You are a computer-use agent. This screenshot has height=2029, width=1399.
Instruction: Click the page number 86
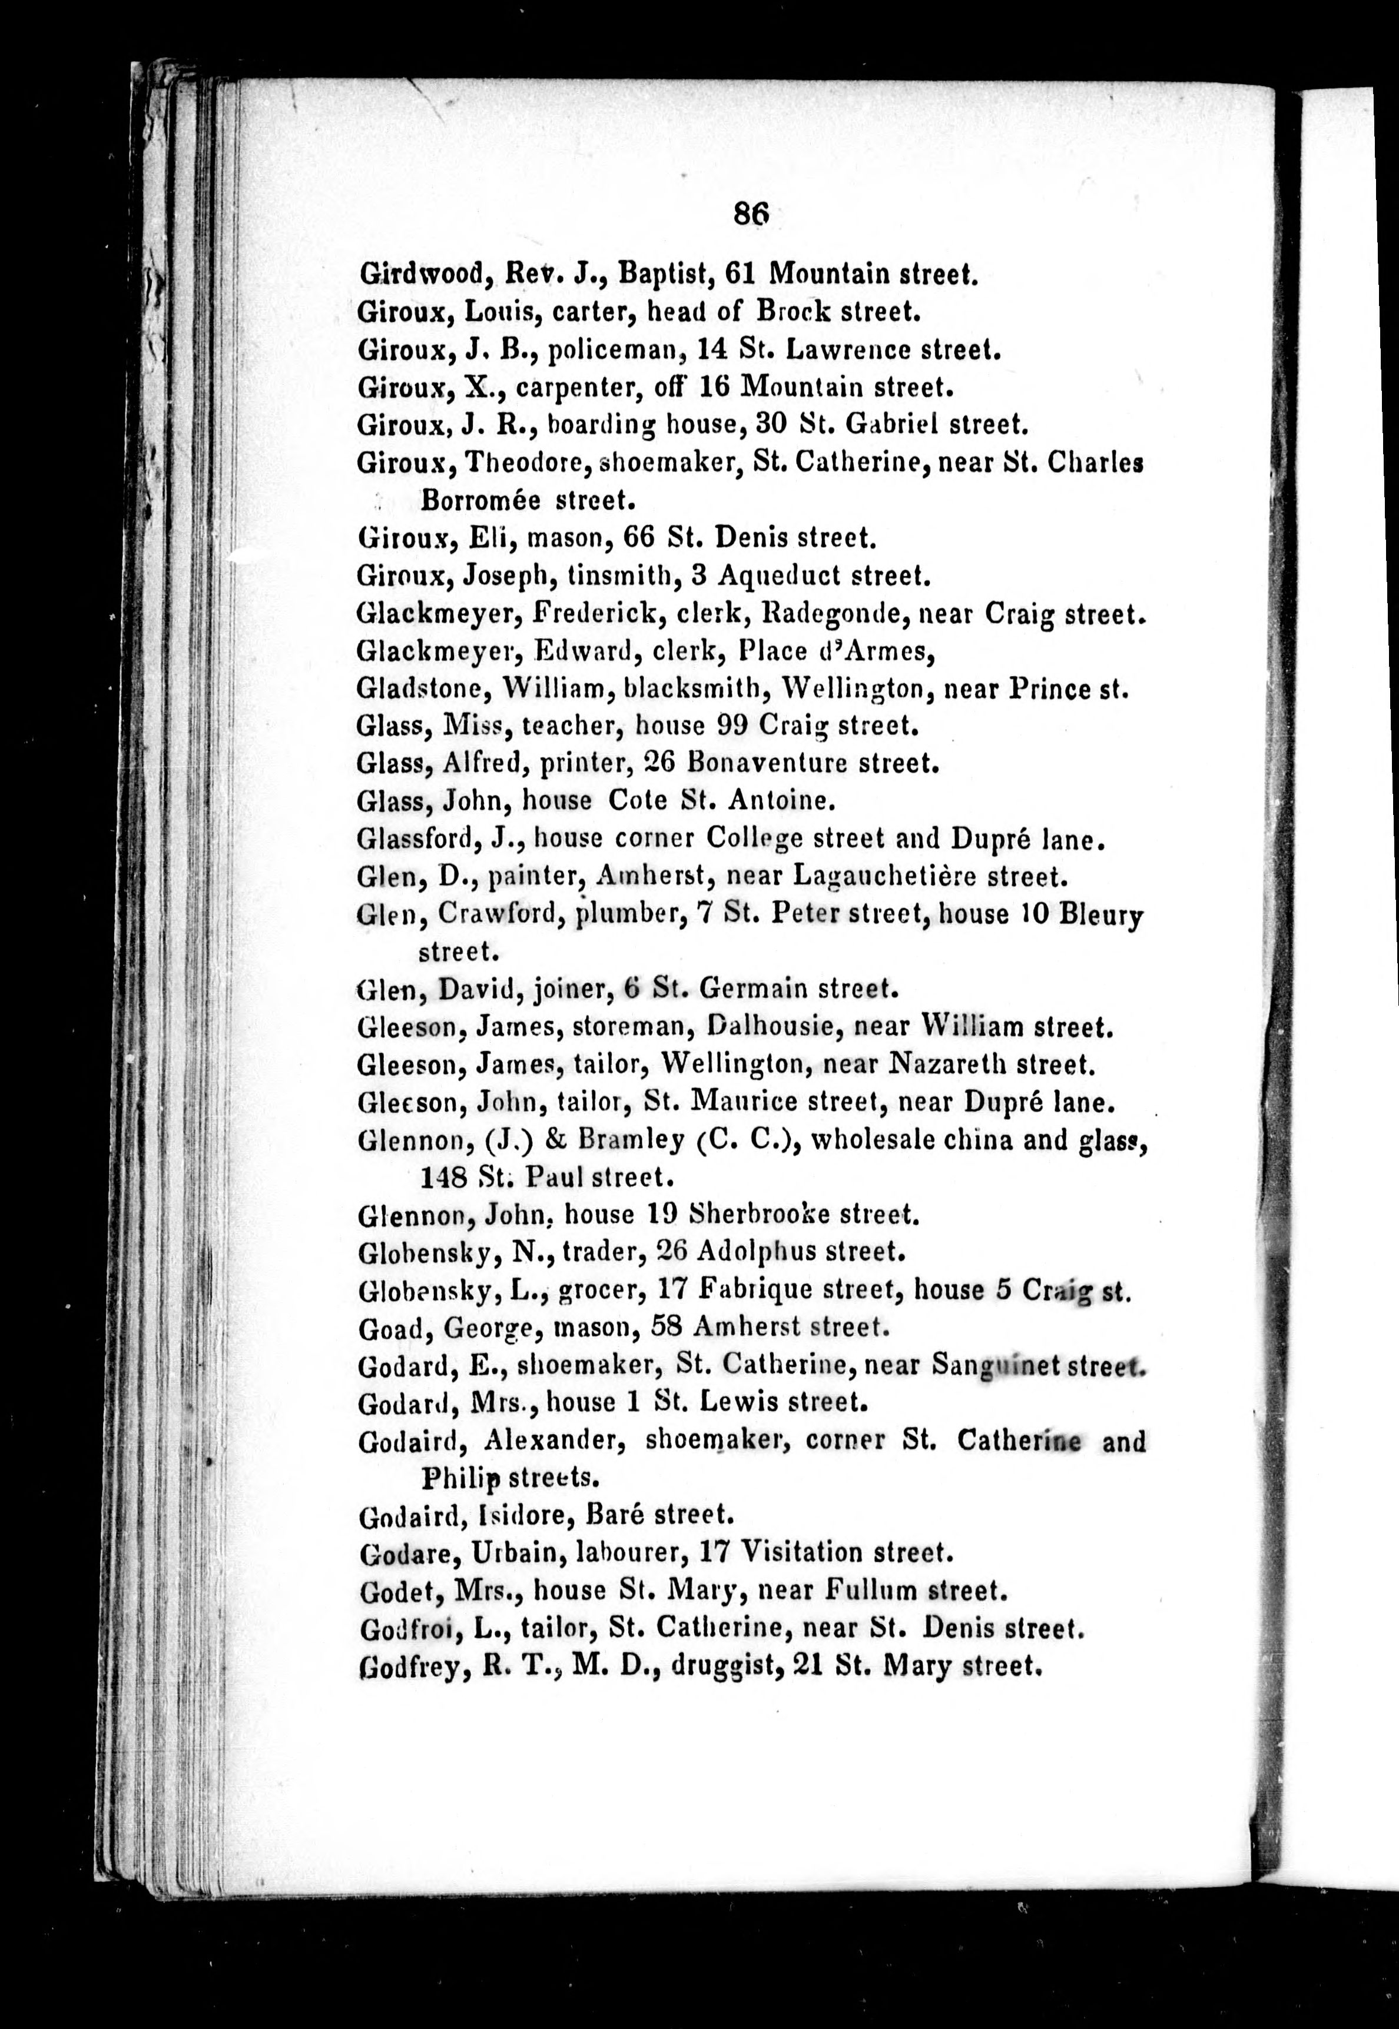pos(751,213)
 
